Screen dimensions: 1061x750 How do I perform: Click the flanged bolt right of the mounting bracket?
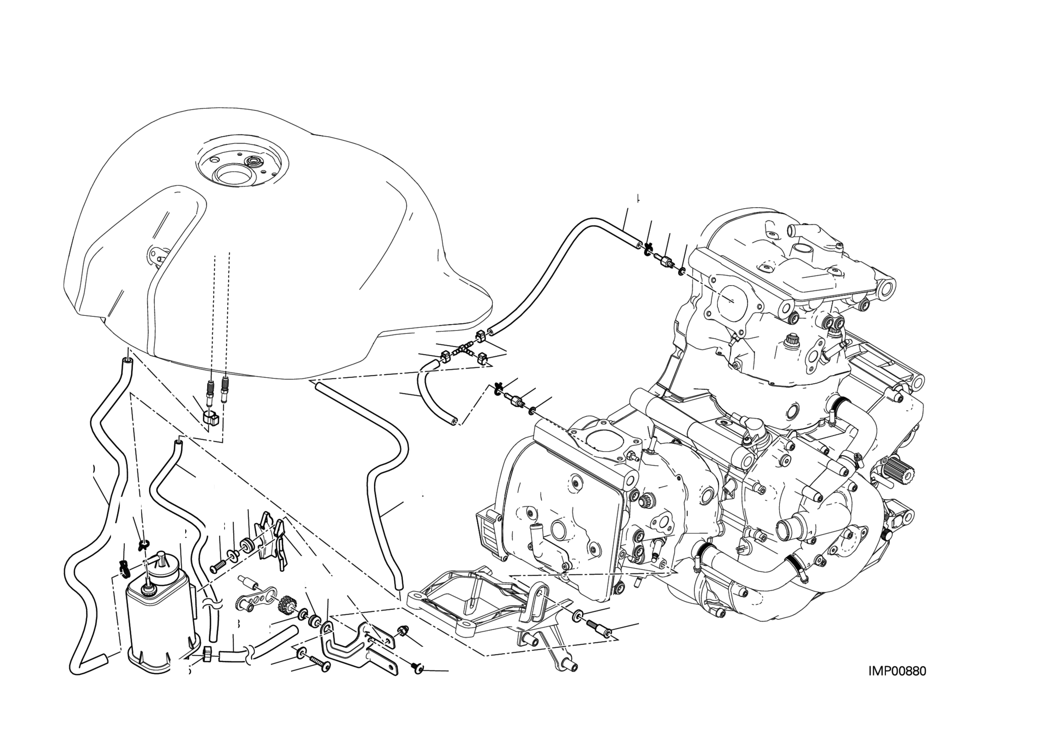599,628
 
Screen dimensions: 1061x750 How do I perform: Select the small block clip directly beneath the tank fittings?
211,418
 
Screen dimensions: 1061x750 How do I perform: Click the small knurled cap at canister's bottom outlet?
207,654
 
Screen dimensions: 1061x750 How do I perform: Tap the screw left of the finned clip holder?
217,566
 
